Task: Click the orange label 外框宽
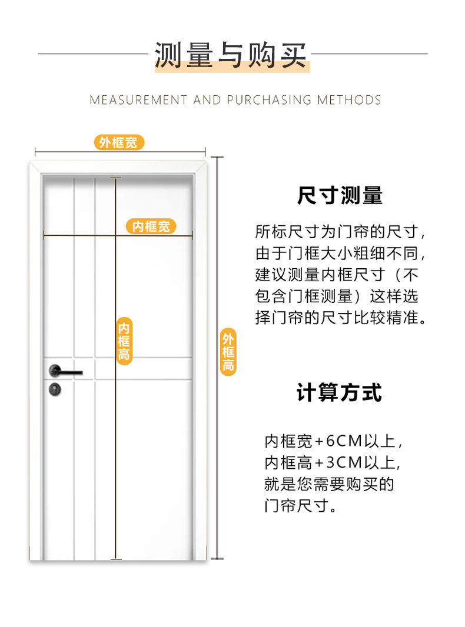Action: (118, 142)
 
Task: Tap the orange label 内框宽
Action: (151, 226)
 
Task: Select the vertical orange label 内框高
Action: (124, 342)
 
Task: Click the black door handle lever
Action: (66, 372)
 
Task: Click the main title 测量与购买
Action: (231, 55)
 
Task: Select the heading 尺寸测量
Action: (340, 196)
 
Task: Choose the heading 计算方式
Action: (340, 393)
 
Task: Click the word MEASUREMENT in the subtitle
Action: (138, 100)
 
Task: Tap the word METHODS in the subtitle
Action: (349, 100)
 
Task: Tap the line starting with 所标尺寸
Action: (340, 232)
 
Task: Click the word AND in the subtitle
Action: (207, 100)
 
